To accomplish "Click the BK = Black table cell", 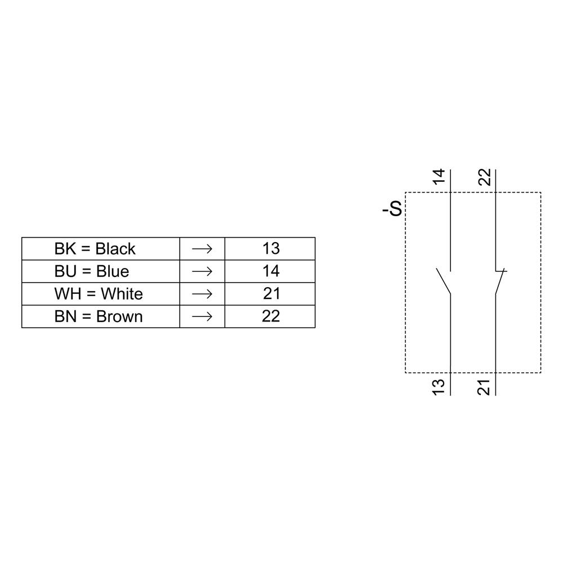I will (95, 248).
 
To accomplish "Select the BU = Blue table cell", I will (92, 271).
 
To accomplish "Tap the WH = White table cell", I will (99, 293).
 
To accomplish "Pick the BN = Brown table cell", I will (99, 316).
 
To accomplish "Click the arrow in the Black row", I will (202, 248).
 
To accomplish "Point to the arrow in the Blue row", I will (202, 271).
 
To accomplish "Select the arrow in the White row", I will (202, 293).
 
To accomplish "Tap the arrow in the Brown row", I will (202, 316).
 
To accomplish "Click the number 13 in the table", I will (271, 248).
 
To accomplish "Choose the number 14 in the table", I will (271, 271).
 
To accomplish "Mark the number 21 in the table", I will (271, 293).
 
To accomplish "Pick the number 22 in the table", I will (271, 316).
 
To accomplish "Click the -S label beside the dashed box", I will (392, 209).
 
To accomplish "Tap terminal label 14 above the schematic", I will (439, 177).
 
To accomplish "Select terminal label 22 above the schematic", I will (485, 177).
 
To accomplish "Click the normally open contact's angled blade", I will (444, 281).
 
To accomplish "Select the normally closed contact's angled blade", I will (499, 282).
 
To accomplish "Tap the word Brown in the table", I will (119, 316).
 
